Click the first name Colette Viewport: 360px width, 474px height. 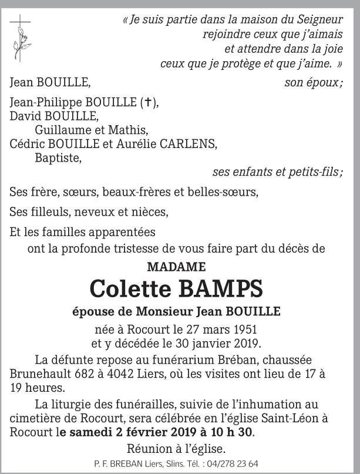click(125, 289)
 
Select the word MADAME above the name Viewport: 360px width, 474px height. click(176, 266)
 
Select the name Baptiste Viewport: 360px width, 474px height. click(58, 157)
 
